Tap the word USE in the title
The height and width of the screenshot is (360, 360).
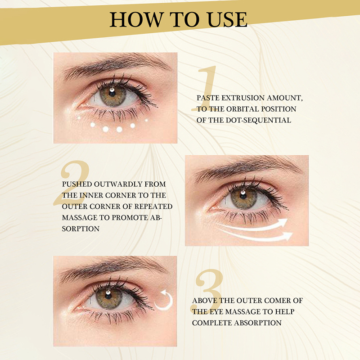(x=227, y=20)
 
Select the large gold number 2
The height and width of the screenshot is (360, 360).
(x=72, y=183)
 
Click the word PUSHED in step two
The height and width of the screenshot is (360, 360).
(x=77, y=184)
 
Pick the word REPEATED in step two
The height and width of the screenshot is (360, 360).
(x=153, y=207)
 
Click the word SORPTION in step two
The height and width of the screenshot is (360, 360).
(x=81, y=229)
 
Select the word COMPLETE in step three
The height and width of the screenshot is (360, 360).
(x=212, y=323)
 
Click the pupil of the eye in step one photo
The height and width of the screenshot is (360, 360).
(x=112, y=93)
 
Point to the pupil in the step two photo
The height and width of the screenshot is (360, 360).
(x=243, y=196)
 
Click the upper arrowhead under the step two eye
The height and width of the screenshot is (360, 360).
(x=283, y=222)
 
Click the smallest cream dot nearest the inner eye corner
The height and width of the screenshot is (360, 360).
(x=79, y=118)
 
